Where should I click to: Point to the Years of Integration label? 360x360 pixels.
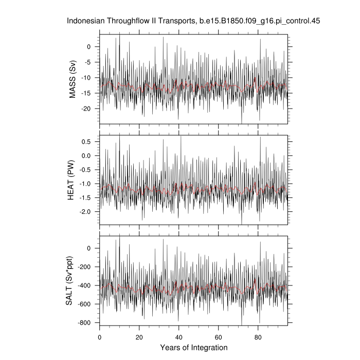pos(193,348)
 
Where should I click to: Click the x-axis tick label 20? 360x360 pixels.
pos(139,337)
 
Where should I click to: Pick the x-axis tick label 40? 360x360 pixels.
pos(178,337)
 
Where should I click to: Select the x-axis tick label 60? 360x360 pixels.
pos(218,337)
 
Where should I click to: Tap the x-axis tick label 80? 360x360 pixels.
pos(258,337)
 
